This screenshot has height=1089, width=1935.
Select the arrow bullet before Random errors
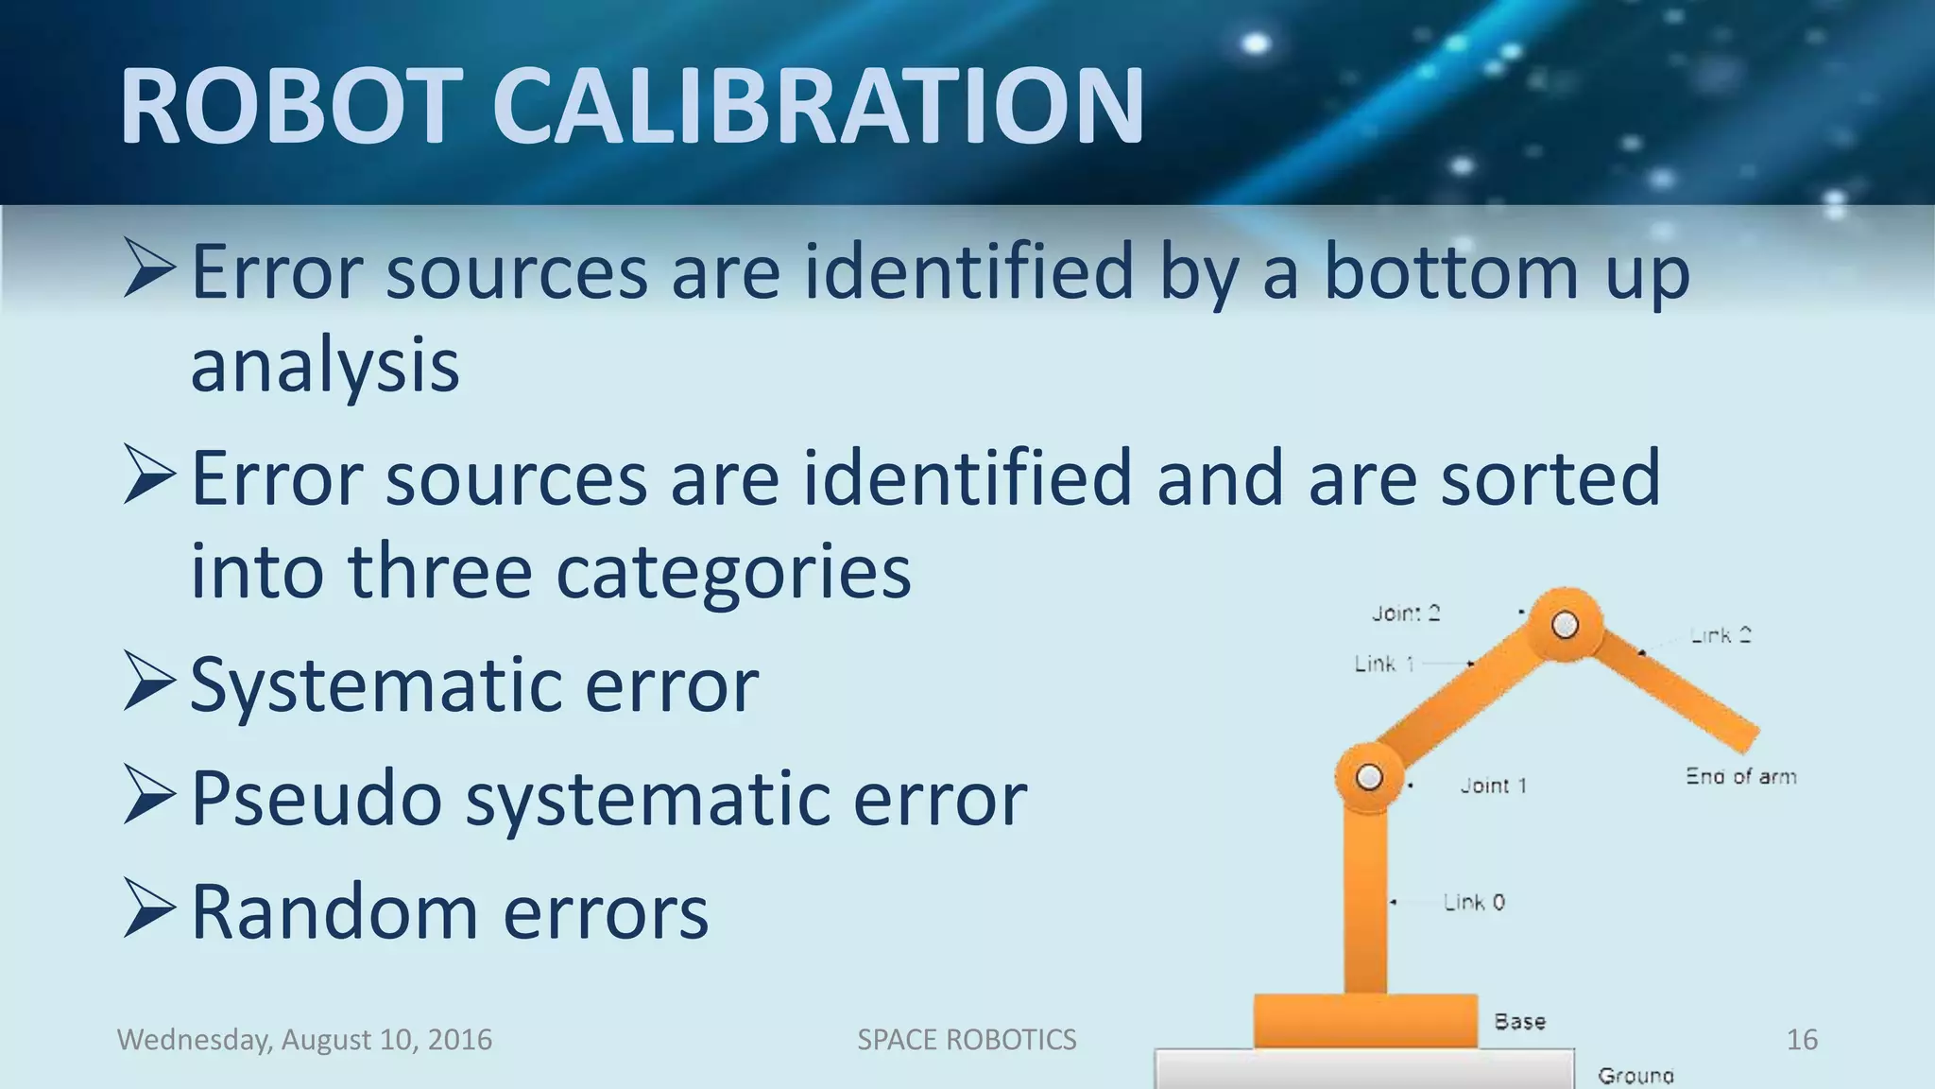pos(149,909)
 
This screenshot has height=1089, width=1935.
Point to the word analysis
pos(325,367)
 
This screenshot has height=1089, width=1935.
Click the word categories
pos(733,572)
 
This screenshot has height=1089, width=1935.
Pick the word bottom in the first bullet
pos(1451,272)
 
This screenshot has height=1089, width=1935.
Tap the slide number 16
pos(1802,1040)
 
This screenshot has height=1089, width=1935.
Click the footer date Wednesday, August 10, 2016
pos(304,1040)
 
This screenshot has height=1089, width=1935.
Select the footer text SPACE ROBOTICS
pos(967,1040)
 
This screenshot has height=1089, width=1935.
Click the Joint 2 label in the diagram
pos(1406,614)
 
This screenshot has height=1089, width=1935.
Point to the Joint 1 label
pos(1493,786)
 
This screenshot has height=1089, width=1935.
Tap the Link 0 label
pos(1474,903)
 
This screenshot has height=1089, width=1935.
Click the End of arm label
pos(1740,777)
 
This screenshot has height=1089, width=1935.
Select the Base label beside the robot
pos(1519,1022)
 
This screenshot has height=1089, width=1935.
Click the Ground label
pos(1635,1076)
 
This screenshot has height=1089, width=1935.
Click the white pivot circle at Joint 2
pos(1565,625)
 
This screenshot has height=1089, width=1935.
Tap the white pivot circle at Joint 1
pos(1369,777)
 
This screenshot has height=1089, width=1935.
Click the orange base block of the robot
pos(1365,1021)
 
